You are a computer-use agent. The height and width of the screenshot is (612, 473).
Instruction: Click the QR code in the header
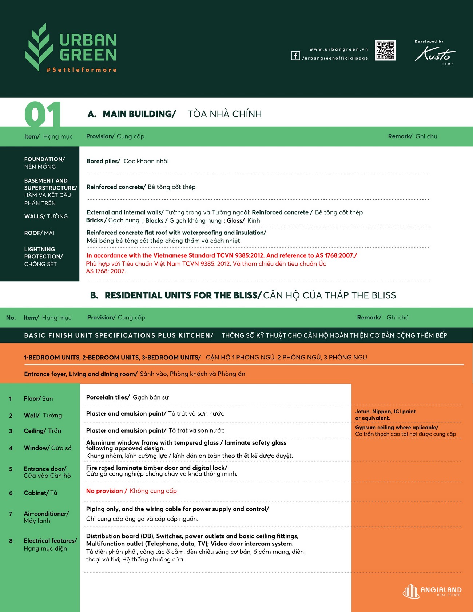[x=385, y=51]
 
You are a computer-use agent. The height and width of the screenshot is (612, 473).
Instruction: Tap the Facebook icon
[x=295, y=56]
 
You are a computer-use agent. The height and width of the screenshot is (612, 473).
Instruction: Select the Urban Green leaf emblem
[x=38, y=47]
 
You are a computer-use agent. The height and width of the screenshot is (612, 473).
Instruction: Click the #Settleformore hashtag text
[x=82, y=70]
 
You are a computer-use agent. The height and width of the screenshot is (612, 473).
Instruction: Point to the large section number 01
[x=43, y=114]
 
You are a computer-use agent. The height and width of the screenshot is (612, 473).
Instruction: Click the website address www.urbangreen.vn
[x=339, y=49]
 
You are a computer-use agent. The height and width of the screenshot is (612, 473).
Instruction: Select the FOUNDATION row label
[x=44, y=163]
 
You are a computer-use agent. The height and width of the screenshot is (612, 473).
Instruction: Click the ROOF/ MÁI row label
[x=39, y=233]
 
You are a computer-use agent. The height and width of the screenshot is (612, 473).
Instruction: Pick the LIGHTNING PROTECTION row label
[x=43, y=257]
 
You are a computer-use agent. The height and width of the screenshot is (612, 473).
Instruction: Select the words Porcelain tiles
[x=108, y=397]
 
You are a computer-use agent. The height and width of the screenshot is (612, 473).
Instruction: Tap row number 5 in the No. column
[x=11, y=469]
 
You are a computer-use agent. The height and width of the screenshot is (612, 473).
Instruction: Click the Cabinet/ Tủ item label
[x=40, y=493]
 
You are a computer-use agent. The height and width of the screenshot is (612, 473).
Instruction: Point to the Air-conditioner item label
[x=46, y=517]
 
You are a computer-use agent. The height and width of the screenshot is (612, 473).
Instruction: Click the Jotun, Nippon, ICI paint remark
[x=385, y=414]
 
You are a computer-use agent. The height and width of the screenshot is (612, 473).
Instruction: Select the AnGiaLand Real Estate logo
[x=432, y=591]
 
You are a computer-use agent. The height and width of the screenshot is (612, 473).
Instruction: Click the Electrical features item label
[x=50, y=544]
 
